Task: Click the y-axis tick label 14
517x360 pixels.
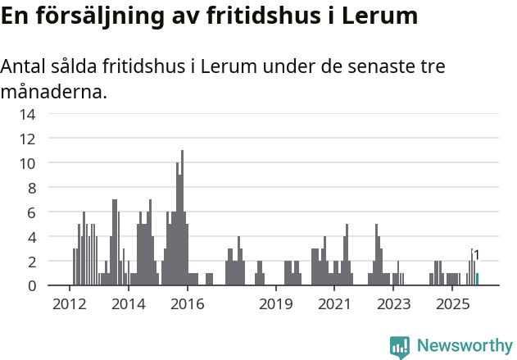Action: pyautogui.click(x=27, y=114)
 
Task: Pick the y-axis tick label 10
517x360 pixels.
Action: pyautogui.click(x=27, y=163)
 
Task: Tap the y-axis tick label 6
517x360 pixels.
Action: pyautogui.click(x=30, y=212)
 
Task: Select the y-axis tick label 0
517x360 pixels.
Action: pyautogui.click(x=30, y=286)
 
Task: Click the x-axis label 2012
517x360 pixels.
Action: pyautogui.click(x=69, y=305)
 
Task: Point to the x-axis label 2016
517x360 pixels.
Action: pyautogui.click(x=187, y=305)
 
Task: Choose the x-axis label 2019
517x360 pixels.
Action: pyautogui.click(x=275, y=305)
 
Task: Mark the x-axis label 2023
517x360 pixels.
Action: pyautogui.click(x=393, y=305)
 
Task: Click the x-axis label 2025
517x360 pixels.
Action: pyautogui.click(x=452, y=305)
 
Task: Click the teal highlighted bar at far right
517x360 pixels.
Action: pyautogui.click(x=477, y=280)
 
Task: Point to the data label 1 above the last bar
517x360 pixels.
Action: pyautogui.click(x=477, y=256)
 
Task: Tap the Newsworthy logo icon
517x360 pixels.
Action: pyautogui.click(x=400, y=347)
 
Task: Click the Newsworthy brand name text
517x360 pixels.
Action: pyautogui.click(x=465, y=346)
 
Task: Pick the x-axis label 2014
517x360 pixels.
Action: pyautogui.click(x=128, y=305)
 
